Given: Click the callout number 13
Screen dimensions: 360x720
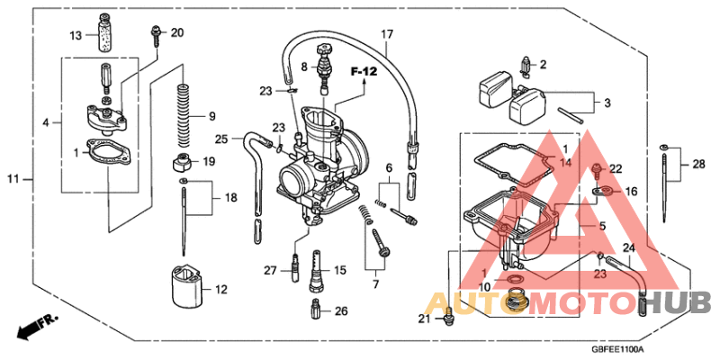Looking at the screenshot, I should (x=77, y=35).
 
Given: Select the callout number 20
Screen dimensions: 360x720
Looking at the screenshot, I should (x=176, y=33).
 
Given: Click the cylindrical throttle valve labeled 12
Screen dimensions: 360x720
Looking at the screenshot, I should (x=184, y=290).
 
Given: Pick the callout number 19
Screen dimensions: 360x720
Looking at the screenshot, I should (x=209, y=162).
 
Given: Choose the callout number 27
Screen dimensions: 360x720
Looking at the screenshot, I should (x=270, y=270).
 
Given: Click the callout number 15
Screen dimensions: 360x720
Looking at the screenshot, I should (x=340, y=270).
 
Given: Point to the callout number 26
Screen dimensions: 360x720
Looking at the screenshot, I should (x=340, y=311).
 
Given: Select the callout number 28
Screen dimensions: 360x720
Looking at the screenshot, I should (x=699, y=164).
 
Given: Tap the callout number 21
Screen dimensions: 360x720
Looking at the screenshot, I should (x=424, y=319).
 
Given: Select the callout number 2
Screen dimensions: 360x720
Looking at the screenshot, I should (x=542, y=64).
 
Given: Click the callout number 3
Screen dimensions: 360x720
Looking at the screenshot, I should (x=607, y=103).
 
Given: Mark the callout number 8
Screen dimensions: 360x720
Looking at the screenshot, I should (x=304, y=67).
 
